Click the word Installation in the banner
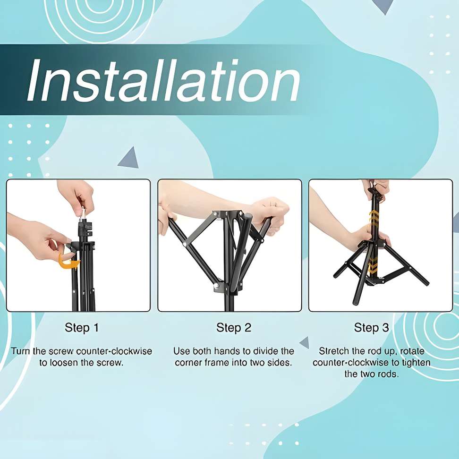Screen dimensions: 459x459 pos(164,80)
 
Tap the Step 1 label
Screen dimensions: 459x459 pos(82,328)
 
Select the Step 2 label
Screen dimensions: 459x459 pos(234,328)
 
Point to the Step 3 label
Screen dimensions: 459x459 pos(371,328)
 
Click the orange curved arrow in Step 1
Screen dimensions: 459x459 pos(69,262)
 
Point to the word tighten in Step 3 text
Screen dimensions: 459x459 pos(416,363)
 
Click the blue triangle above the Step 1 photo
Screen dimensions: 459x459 pos(129,159)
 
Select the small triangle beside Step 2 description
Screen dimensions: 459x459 pos(305,342)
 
